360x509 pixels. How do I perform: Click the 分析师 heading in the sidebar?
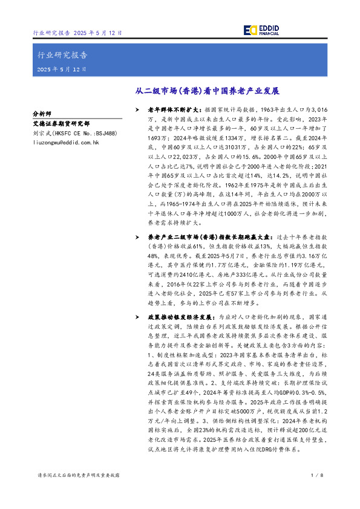click(42, 112)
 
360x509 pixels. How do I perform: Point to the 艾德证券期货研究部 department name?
click(61, 123)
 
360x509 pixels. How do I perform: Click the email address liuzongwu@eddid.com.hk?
click(66, 142)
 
